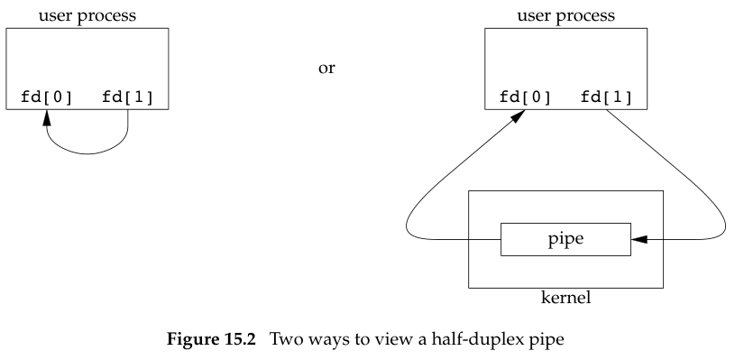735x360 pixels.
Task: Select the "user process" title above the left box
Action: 87,16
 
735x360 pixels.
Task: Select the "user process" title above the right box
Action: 565,16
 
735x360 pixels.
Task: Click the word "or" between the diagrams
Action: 326,68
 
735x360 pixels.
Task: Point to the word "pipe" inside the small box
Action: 565,240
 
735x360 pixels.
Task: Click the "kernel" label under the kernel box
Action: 565,297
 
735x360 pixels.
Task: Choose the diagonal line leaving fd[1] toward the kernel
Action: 667,162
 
